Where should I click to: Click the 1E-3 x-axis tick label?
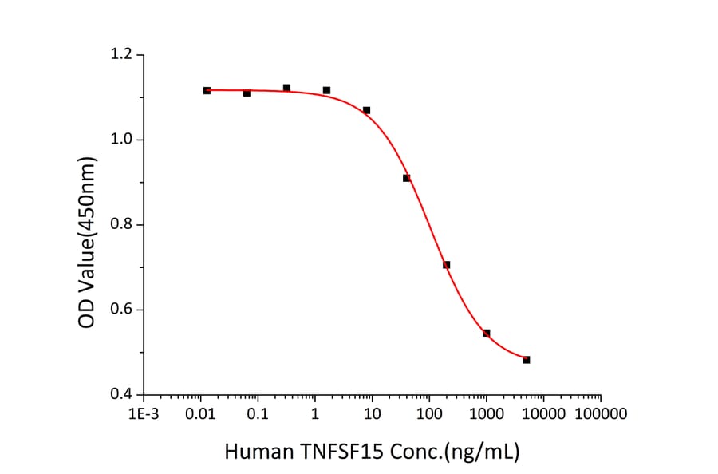tap(144, 414)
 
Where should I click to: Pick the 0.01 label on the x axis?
tap(200, 414)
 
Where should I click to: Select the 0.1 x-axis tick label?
tap(258, 414)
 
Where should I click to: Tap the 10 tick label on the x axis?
tap(372, 414)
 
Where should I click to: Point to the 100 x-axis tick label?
tap(429, 414)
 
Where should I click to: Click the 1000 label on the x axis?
tap(486, 414)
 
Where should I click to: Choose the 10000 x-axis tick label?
tap(543, 414)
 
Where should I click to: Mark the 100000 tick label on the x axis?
tap(600, 414)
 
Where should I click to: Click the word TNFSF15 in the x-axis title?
tap(335, 452)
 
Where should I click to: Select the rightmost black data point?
tap(527, 360)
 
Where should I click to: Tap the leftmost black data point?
tap(207, 91)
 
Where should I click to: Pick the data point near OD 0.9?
tap(407, 178)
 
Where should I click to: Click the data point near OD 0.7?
tap(447, 265)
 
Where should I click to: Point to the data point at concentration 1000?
tap(487, 333)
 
